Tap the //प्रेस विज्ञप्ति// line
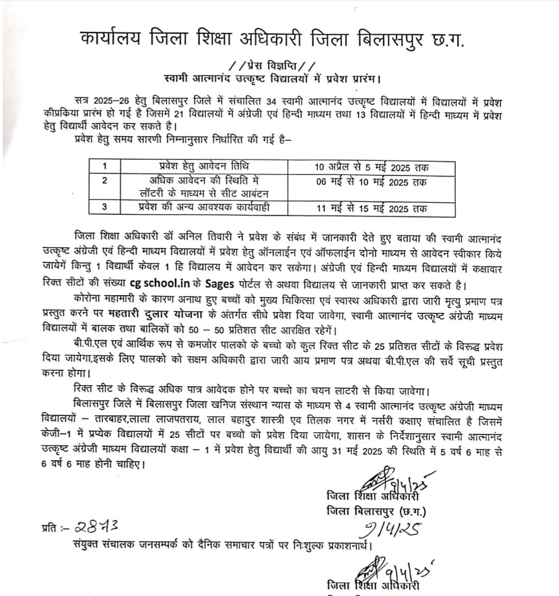coord(271,66)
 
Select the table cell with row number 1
coord(105,166)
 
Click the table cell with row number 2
coord(105,180)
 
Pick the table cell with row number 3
coord(105,207)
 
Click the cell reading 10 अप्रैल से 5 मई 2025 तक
coord(371,167)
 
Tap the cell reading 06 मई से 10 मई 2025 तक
coord(371,182)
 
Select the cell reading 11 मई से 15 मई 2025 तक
coord(371,209)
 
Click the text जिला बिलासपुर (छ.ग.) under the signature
coord(377,511)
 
